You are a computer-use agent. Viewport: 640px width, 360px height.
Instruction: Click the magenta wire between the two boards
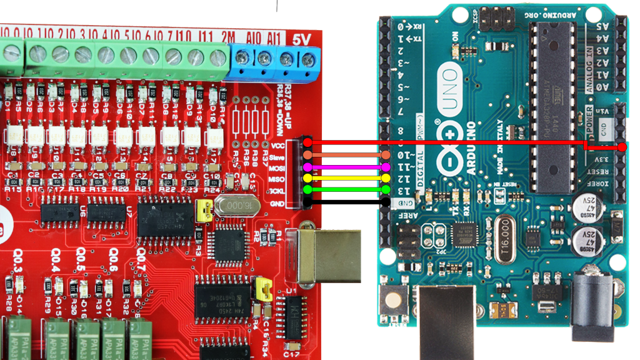coord(347,167)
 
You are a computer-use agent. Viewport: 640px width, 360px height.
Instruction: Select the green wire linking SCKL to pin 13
coord(347,189)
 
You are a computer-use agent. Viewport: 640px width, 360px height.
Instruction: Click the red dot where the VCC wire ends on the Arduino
coord(622,147)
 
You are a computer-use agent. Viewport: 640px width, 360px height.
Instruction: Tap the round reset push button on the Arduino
coord(395,299)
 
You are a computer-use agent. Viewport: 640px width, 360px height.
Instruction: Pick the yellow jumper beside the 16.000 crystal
coord(203,211)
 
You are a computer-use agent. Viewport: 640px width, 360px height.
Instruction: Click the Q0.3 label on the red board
coord(17,256)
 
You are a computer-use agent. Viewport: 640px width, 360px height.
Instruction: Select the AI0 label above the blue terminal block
coord(254,37)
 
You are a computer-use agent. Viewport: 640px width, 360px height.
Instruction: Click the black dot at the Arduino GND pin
coord(386,202)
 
